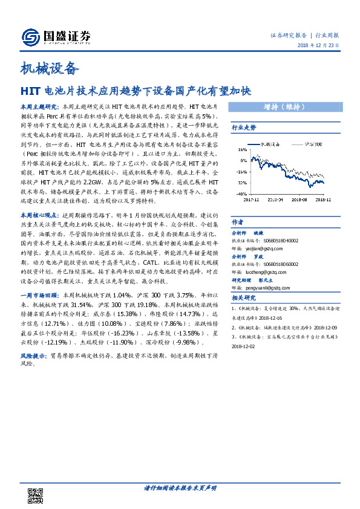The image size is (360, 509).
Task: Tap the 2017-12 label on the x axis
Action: [252, 197]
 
